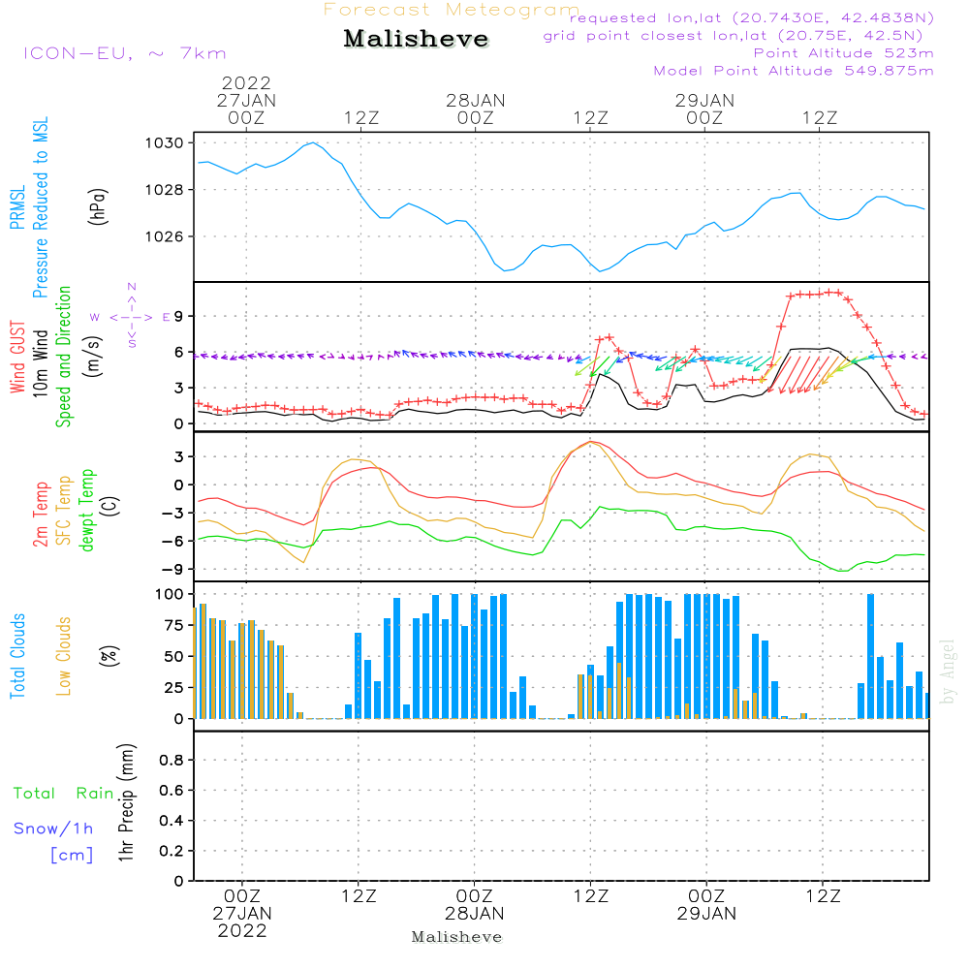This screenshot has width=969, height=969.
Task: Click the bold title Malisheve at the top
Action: point(417,39)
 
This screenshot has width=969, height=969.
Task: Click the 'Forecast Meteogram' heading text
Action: point(452,10)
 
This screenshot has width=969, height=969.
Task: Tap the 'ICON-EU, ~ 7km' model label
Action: point(124,53)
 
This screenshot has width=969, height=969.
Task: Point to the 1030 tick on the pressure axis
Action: point(165,143)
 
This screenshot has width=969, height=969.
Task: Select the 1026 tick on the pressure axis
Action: point(165,236)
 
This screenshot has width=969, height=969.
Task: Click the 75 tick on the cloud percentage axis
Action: point(171,625)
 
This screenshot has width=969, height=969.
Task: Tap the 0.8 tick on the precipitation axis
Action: point(172,761)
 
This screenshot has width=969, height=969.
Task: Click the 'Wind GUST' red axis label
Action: point(17,359)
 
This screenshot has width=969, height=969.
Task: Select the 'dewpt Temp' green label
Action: point(87,511)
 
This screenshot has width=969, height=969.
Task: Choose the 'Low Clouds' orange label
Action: point(64,656)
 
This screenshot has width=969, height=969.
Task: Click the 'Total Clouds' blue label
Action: point(17,656)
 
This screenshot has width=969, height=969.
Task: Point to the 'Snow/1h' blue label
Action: point(53,828)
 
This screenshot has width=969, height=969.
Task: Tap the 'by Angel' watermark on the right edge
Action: point(948,671)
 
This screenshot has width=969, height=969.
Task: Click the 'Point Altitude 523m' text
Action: point(843,53)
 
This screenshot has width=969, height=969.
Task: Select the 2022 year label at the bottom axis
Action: point(242,931)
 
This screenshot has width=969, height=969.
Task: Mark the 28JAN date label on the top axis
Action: point(476,100)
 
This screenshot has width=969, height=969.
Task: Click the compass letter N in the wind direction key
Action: point(132,287)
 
